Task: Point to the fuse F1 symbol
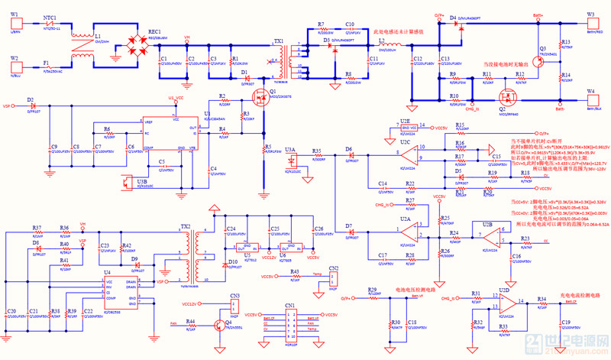click(x=47, y=64)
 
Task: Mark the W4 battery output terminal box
click(x=590, y=100)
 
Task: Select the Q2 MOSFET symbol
click(x=505, y=98)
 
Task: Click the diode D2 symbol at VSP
click(x=32, y=106)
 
